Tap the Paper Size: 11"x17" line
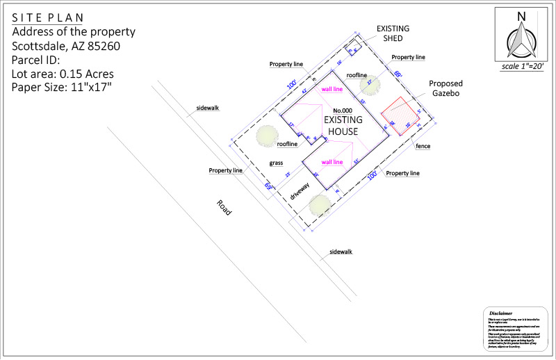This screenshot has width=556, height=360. pyautogui.click(x=61, y=87)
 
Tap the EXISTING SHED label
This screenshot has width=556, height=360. pyautogui.click(x=393, y=33)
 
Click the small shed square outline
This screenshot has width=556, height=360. pyautogui.click(x=352, y=47)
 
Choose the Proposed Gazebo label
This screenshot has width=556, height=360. pyautogui.click(x=445, y=88)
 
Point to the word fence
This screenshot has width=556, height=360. pyautogui.click(x=423, y=147)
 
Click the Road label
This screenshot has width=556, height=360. pyautogui.click(x=223, y=209)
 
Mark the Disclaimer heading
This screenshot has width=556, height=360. pyautogui.click(x=500, y=313)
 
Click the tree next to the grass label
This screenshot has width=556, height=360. pyautogui.click(x=267, y=136)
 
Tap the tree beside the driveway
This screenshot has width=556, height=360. pyautogui.click(x=320, y=205)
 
